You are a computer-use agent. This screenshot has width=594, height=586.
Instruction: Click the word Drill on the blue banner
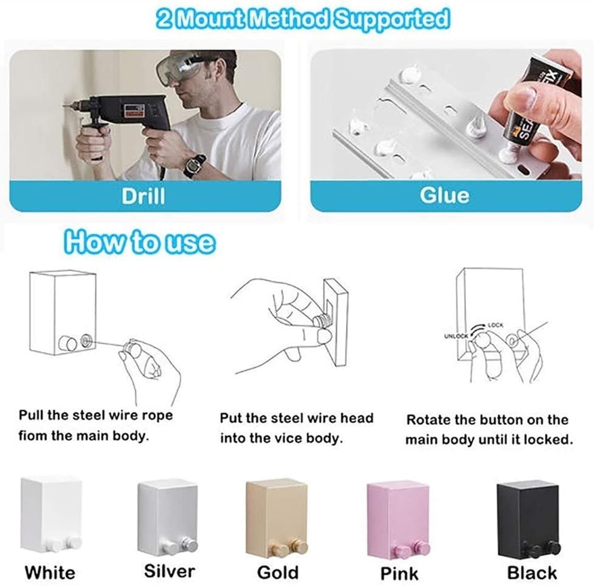point(143,196)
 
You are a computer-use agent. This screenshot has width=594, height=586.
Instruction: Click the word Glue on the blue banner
point(444,196)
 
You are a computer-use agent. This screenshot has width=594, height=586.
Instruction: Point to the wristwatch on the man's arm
point(194,165)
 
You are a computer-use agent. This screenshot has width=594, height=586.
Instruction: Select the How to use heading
point(139,242)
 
